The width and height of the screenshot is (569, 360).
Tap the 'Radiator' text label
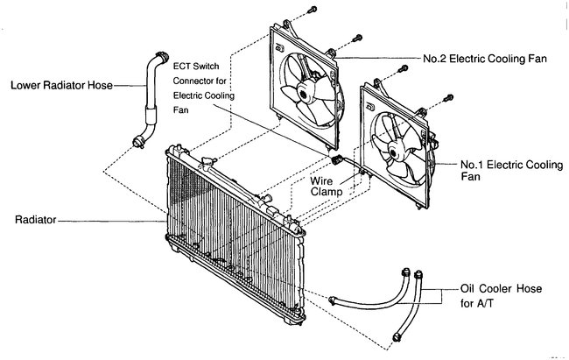(32, 222)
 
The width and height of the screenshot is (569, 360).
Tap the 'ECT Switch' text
(208, 65)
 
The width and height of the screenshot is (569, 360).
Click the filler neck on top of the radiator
(207, 160)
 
